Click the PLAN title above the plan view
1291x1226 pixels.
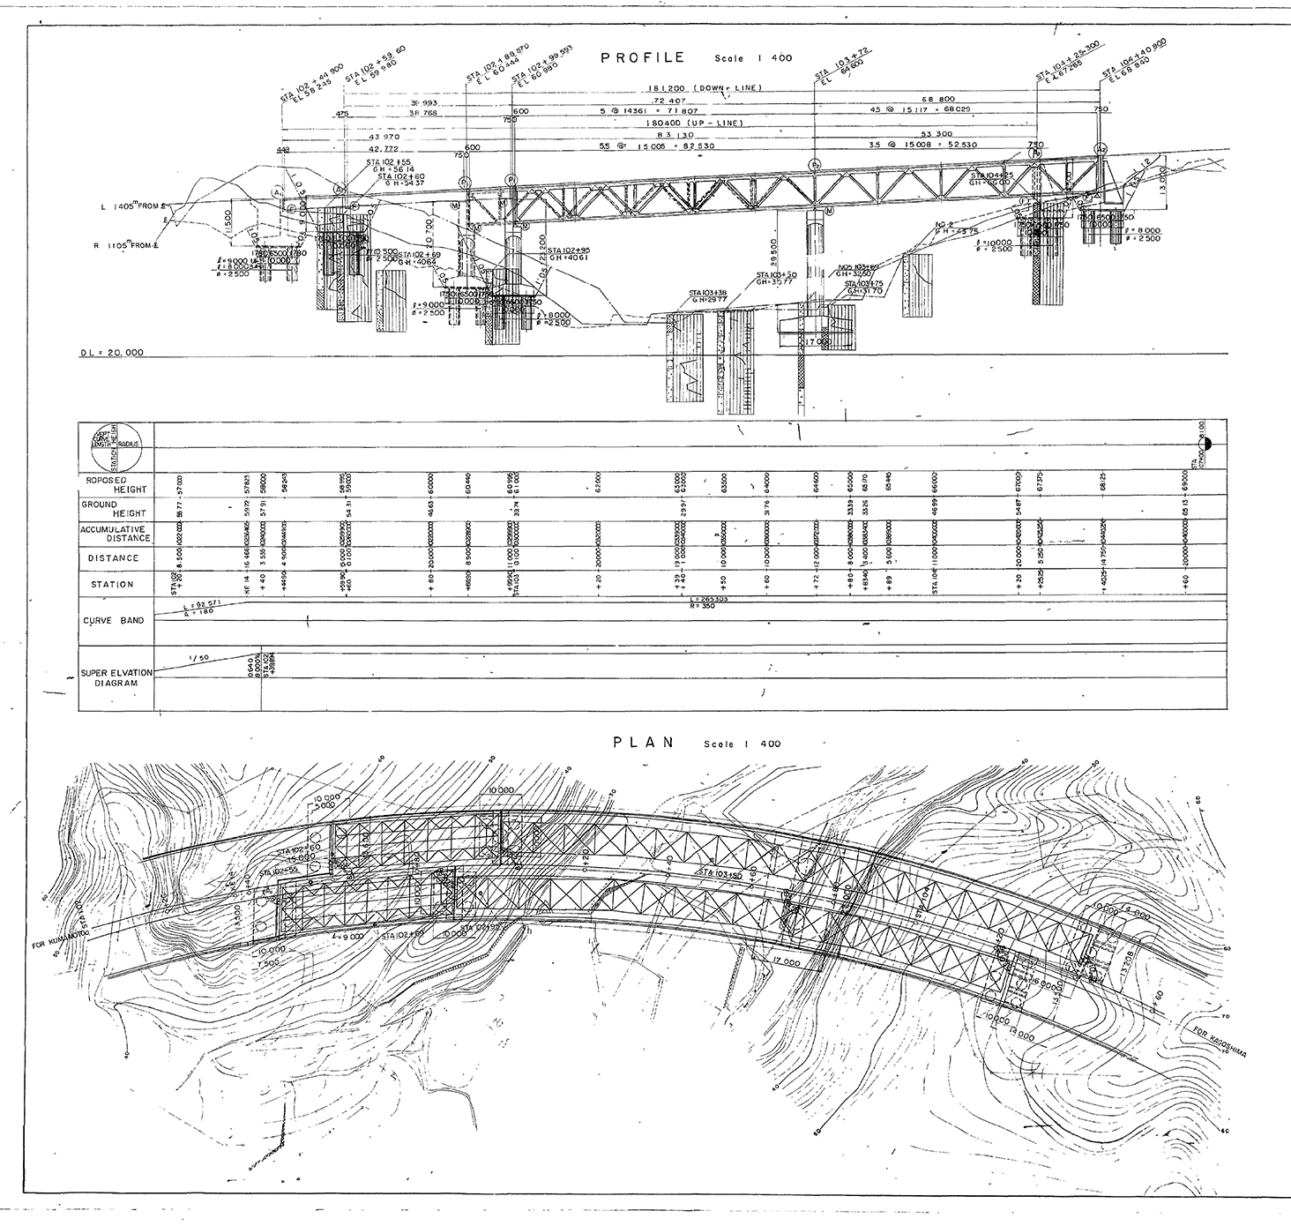644,743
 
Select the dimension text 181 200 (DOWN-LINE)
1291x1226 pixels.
705,89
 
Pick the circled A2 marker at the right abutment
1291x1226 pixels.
1100,149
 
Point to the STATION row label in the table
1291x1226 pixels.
112,584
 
